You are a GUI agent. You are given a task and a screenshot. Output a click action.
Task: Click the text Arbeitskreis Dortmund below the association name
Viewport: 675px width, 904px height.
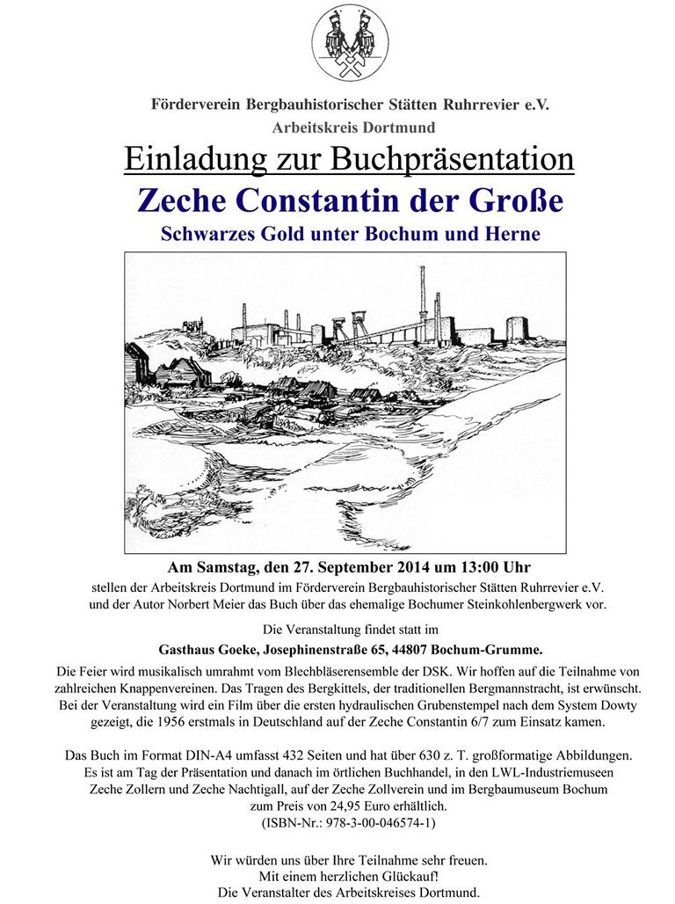(342, 128)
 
